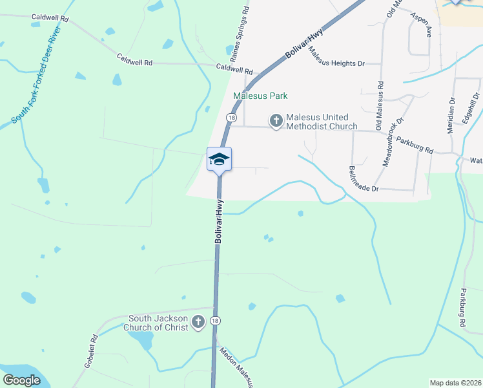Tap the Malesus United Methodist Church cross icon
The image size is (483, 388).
click(x=276, y=121)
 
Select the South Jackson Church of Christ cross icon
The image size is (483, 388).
click(x=198, y=321)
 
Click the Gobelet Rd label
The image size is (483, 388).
click(x=90, y=351)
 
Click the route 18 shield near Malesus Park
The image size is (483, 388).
click(x=231, y=118)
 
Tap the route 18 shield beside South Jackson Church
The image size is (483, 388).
click(x=215, y=321)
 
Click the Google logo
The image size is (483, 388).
click(x=21, y=380)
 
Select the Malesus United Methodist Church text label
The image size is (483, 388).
click(x=322, y=122)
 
